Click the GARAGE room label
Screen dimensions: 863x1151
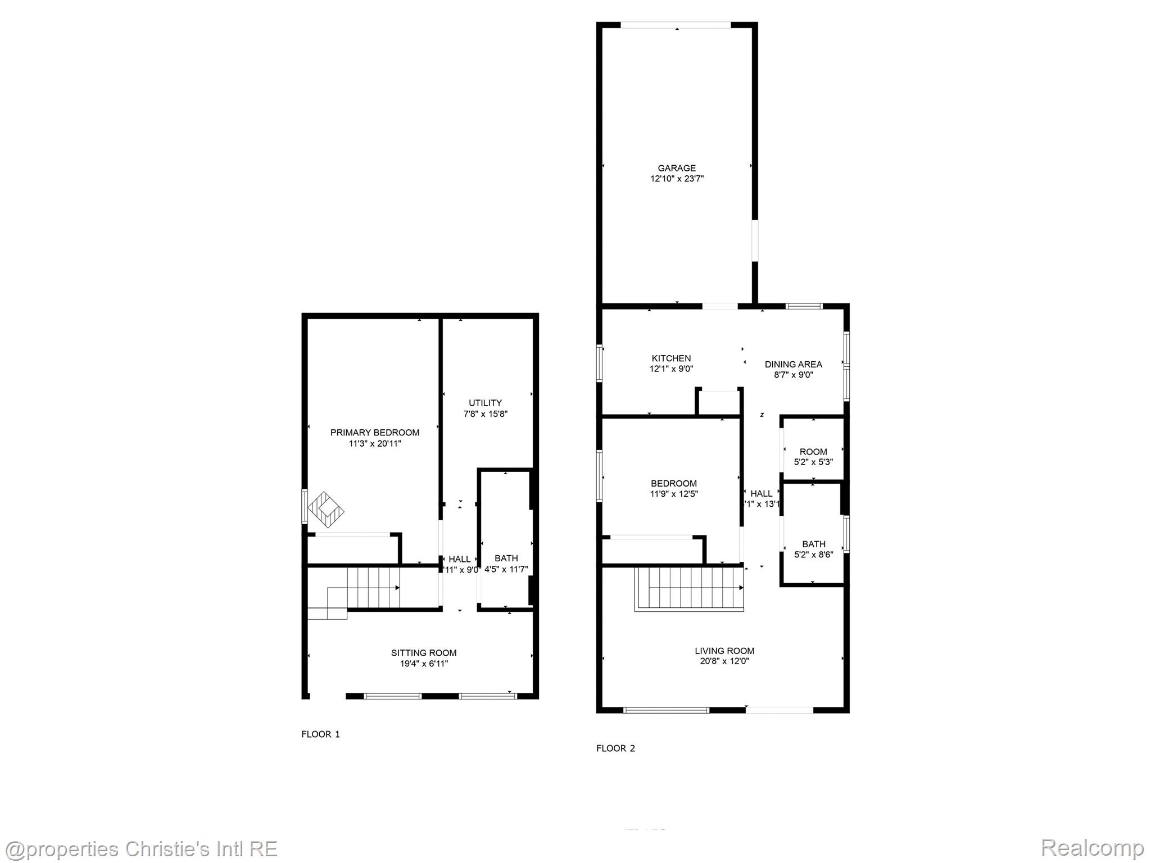tap(677, 168)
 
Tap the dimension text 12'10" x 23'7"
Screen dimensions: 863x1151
tap(677, 179)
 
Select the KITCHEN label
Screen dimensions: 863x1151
tap(671, 358)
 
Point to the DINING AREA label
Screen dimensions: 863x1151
tap(793, 365)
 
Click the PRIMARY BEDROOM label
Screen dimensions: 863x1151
tap(374, 433)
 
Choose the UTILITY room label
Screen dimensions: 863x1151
tap(485, 403)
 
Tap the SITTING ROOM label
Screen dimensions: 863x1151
tap(424, 653)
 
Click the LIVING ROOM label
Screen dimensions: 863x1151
tap(724, 651)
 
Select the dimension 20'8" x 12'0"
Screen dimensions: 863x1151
tap(724, 661)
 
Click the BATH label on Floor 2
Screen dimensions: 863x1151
tap(813, 544)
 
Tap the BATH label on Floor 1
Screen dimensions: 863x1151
tap(506, 558)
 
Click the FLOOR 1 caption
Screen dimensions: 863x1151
tap(320, 734)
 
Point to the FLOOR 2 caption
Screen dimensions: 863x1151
tap(615, 748)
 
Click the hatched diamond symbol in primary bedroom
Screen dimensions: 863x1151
tap(326, 510)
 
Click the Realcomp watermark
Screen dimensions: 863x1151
tap(1092, 847)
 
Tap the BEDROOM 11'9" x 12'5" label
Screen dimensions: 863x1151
tap(673, 484)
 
